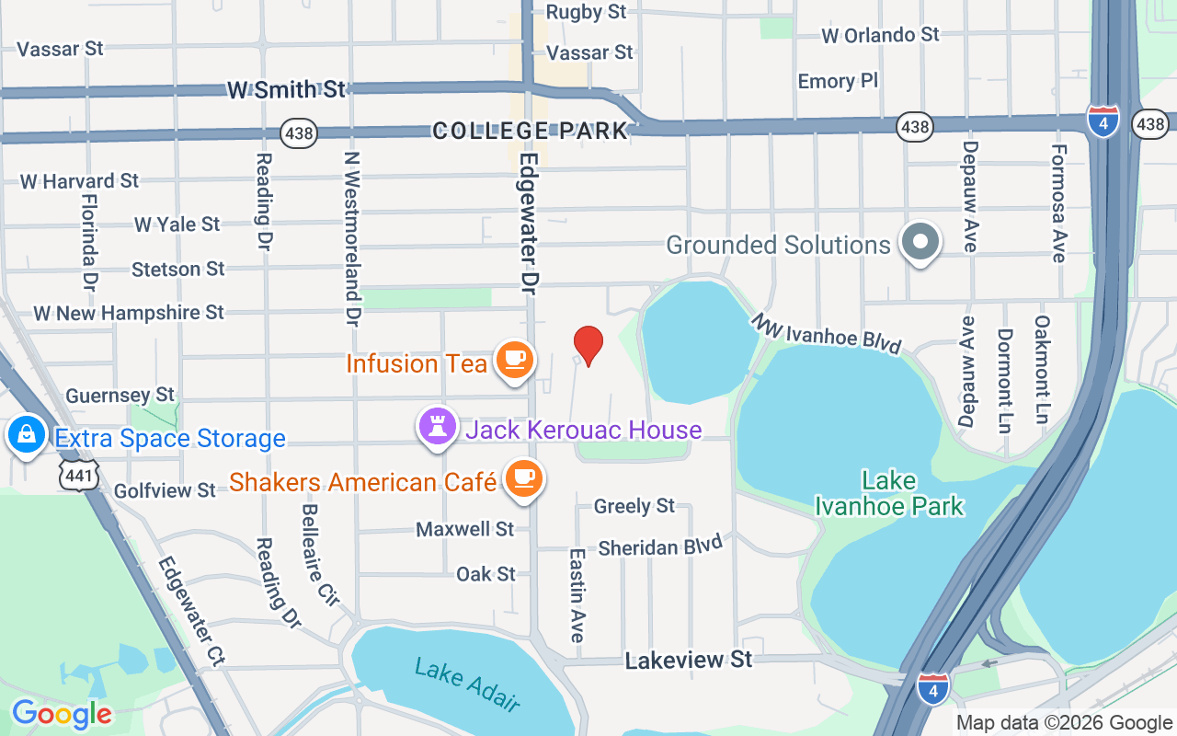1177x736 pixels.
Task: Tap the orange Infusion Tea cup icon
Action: [x=515, y=359]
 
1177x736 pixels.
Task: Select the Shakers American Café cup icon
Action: [x=523, y=478]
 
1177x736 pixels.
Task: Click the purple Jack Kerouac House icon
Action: [x=438, y=427]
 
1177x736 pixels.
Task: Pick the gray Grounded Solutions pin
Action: [x=920, y=242]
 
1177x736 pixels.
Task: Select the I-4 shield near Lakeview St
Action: [x=932, y=688]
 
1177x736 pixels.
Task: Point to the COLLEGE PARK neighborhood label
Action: [x=530, y=131]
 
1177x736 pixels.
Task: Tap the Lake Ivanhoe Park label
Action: [x=889, y=493]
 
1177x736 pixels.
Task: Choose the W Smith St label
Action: [x=286, y=89]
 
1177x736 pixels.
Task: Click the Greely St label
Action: [x=634, y=506]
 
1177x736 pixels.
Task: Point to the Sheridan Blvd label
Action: [x=660, y=546]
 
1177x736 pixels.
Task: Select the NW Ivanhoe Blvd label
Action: [x=826, y=333]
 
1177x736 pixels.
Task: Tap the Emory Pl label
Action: [x=838, y=81]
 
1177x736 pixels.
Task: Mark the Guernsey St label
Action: [x=120, y=396]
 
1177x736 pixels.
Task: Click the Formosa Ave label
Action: [x=1059, y=203]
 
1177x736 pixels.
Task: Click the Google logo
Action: [x=62, y=713]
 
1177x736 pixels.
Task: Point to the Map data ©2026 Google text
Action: [x=1064, y=722]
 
